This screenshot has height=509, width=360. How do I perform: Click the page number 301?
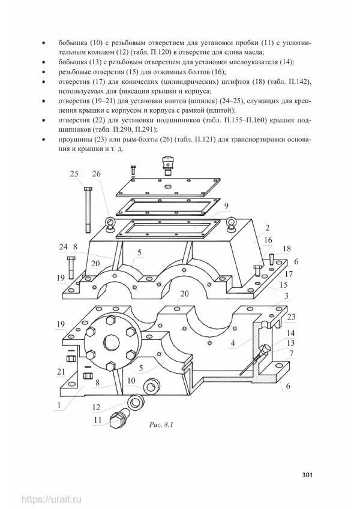[x=307, y=475]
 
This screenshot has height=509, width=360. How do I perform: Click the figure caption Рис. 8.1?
[x=161, y=424]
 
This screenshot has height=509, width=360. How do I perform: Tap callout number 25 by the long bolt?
[x=74, y=174]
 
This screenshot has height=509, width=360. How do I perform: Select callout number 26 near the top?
[x=96, y=174]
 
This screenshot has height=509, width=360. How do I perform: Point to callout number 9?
[x=226, y=206]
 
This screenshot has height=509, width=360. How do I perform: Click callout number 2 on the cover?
[x=267, y=228]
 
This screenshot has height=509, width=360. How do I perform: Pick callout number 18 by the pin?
[x=287, y=249]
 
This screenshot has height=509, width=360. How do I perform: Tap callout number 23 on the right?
[x=291, y=317]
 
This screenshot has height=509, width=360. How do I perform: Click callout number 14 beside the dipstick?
[x=290, y=333]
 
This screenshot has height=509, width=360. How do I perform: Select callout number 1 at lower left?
[x=59, y=405]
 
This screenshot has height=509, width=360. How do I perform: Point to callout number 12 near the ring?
[x=97, y=407]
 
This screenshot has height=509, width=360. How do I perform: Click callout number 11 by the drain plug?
[x=98, y=420]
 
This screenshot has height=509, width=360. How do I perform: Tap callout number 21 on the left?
[x=61, y=371]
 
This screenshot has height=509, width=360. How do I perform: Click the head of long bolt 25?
[x=88, y=189]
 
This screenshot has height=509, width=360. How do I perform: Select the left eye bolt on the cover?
[x=109, y=224]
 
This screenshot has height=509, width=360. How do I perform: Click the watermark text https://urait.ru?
[x=52, y=499]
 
